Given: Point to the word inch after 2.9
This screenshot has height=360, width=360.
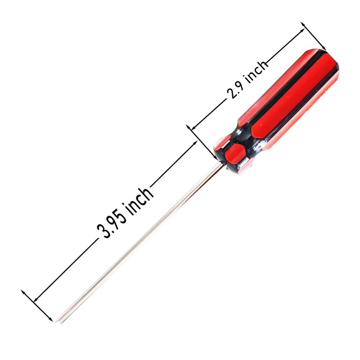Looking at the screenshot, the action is click(x=256, y=72).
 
